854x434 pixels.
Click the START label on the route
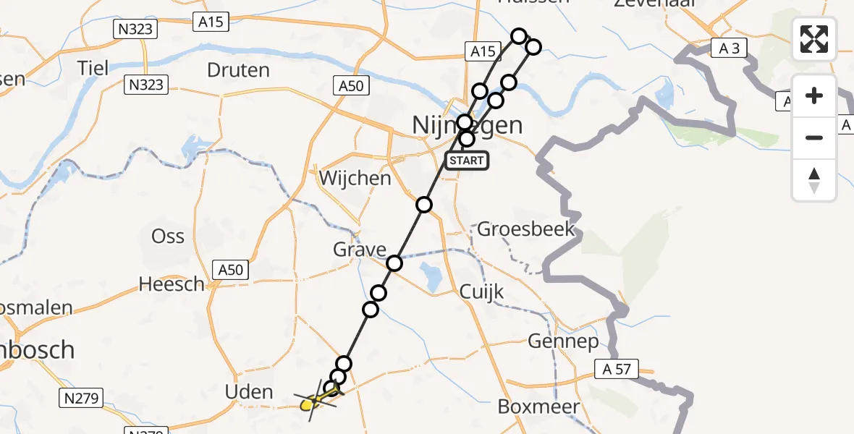pos(466,160)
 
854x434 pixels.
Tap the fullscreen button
pos(814,39)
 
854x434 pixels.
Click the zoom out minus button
pos(814,137)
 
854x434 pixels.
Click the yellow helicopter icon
pos(313,400)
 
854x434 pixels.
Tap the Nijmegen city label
pos(467,124)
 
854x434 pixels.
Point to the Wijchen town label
pos(355,178)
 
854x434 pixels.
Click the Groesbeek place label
pos(526,230)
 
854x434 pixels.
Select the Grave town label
pos(359,250)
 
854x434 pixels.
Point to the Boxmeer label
pos(538,407)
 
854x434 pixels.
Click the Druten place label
pos(238,70)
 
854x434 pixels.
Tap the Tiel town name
pos(93,68)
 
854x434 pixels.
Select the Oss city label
pos(168,236)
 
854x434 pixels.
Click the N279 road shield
pos(83,397)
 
